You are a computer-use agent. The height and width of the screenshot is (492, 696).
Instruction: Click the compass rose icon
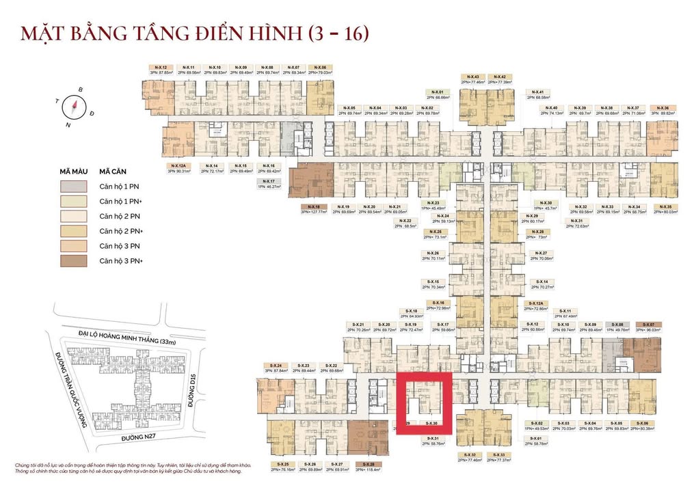pyautogui.click(x=73, y=107)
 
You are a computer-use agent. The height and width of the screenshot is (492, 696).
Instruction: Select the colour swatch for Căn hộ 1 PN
pyautogui.click(x=72, y=187)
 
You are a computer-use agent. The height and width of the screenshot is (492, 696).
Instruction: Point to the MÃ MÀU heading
pyautogui.click(x=72, y=172)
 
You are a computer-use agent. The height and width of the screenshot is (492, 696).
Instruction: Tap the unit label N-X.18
pyautogui.click(x=314, y=206)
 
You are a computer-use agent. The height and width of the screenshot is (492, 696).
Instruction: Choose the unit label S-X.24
pyautogui.click(x=277, y=366)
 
